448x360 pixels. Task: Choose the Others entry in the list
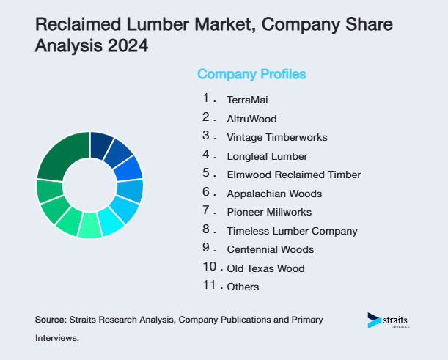coord(243,287)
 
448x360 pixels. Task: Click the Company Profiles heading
coord(251,74)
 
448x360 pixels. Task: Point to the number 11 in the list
coord(210,285)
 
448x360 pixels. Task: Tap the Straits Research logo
coord(389,321)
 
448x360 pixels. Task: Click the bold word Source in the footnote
coord(50,320)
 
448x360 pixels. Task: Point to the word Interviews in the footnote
coord(56,339)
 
